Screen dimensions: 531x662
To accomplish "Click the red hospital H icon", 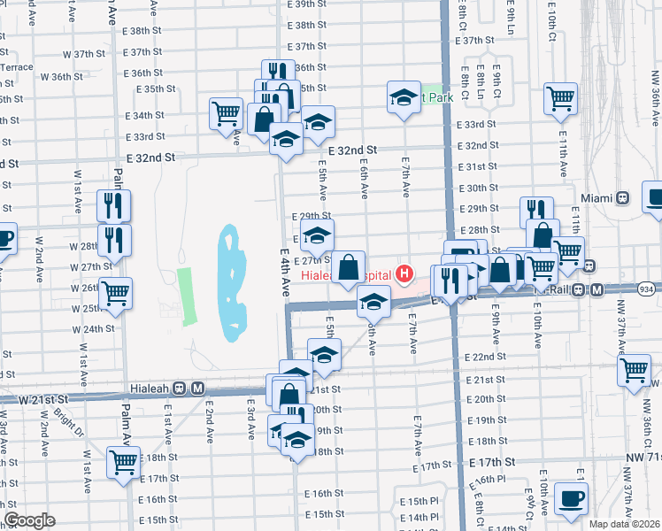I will [405, 273].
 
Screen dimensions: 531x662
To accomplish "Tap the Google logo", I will [29, 520].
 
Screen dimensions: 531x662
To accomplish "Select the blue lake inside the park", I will [230, 283].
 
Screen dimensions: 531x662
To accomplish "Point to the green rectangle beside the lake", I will [186, 295].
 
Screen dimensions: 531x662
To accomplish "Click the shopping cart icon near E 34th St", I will [226, 113].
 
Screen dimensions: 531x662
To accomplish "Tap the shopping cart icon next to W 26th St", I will [115, 293].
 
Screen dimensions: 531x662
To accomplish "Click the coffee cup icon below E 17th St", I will [571, 498].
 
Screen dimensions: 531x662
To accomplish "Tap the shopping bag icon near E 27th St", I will [350, 265].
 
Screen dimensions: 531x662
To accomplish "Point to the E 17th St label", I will [492, 463].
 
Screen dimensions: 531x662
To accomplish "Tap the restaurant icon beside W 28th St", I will [114, 239].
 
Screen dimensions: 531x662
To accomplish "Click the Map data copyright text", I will [624, 524].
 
